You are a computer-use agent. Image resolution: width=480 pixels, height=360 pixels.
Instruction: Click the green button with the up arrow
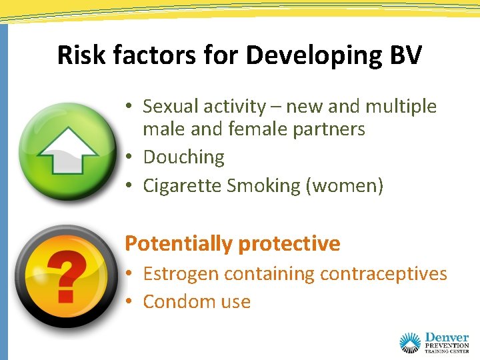67,149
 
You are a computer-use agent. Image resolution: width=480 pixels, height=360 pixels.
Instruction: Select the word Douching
183,157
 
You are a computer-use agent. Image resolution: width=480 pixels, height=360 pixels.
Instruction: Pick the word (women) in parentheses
344,185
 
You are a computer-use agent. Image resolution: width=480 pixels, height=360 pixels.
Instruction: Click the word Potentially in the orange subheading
178,244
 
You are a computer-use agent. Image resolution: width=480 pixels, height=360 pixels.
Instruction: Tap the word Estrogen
181,274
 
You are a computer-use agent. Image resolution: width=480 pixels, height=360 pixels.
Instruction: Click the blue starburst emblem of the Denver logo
410,343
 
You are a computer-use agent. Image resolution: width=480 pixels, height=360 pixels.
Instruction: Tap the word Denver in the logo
446,338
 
